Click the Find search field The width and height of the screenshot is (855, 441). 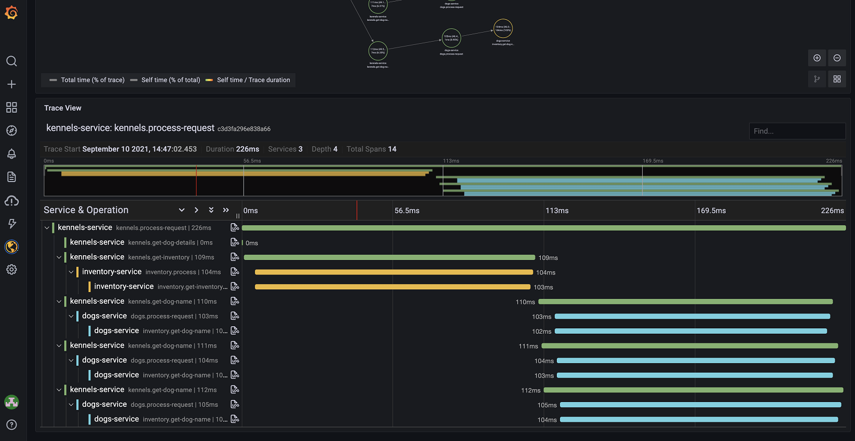[x=797, y=131]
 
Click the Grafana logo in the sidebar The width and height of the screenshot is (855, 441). [x=11, y=12]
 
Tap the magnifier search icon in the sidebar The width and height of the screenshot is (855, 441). [x=11, y=61]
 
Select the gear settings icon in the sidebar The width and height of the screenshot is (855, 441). [x=11, y=270]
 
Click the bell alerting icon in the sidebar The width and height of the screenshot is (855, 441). [x=11, y=154]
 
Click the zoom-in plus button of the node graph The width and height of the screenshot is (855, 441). [x=817, y=58]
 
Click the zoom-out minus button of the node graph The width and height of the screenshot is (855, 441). [x=837, y=58]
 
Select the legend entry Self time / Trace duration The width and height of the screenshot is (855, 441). [x=253, y=80]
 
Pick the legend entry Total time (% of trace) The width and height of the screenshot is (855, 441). [x=92, y=80]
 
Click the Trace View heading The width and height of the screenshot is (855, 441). [x=63, y=108]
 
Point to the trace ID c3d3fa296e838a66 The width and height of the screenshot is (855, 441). [x=244, y=129]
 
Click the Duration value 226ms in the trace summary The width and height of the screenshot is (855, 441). [x=247, y=149]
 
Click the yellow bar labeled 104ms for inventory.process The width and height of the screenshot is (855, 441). [x=394, y=272]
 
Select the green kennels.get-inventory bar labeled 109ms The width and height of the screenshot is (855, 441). [x=389, y=257]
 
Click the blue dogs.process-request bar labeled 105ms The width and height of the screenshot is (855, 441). [x=700, y=405]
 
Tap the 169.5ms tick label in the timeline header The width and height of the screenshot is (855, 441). [x=711, y=211]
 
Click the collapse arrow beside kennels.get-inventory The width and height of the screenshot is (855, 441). [x=59, y=257]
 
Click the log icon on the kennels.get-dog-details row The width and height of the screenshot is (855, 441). [x=235, y=242]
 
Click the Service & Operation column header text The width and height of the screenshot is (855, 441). [x=86, y=210]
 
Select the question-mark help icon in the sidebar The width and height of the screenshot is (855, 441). [x=11, y=425]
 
